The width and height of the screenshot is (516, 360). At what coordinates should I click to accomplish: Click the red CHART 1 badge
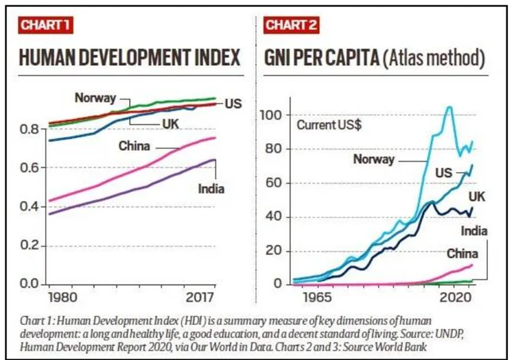(45, 25)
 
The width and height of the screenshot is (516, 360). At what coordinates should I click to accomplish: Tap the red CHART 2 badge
(291, 25)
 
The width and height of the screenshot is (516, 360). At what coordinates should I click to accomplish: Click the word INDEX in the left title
(218, 58)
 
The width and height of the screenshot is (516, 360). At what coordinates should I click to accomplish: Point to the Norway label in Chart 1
(95, 98)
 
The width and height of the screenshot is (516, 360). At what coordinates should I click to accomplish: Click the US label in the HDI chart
(233, 104)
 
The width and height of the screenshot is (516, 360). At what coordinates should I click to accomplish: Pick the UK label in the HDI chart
(170, 124)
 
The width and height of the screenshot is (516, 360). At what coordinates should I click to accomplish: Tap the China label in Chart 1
(134, 146)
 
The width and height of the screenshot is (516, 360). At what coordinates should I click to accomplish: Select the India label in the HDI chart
(211, 189)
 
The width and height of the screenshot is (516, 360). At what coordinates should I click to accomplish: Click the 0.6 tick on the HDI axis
(30, 168)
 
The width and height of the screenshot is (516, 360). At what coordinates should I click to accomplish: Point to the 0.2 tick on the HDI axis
(30, 246)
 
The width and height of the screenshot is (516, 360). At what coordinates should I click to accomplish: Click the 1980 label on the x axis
(62, 298)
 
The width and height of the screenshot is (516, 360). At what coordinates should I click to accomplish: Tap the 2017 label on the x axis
(200, 298)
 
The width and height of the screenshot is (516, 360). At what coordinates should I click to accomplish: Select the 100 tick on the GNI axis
(271, 115)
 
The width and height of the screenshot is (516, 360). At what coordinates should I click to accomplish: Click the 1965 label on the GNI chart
(318, 298)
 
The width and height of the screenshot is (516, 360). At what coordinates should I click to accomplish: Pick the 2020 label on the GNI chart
(456, 298)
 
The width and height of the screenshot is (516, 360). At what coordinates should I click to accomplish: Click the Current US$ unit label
(329, 125)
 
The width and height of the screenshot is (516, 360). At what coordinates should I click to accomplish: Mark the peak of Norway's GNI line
(449, 106)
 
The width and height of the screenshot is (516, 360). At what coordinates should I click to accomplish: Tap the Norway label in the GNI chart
(374, 160)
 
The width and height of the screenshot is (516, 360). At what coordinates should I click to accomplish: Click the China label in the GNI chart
(462, 254)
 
